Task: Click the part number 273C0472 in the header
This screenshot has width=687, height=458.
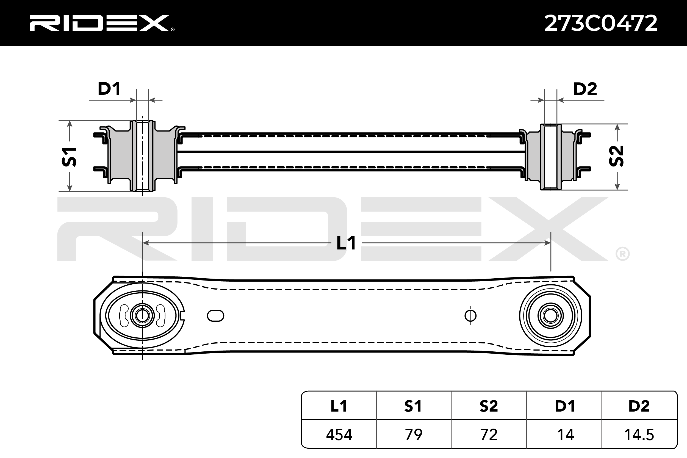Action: pyautogui.click(x=601, y=23)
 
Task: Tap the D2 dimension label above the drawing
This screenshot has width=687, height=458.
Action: pyautogui.click(x=585, y=89)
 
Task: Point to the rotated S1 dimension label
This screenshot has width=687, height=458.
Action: pyautogui.click(x=69, y=157)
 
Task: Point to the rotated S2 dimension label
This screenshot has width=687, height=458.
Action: pyautogui.click(x=616, y=156)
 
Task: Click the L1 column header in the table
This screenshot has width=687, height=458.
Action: pyautogui.click(x=339, y=406)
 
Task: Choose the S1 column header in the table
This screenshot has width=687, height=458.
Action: pyautogui.click(x=413, y=406)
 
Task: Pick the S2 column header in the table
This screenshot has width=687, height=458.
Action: pyautogui.click(x=488, y=406)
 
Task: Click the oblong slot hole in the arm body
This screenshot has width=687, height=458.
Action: pyautogui.click(x=215, y=316)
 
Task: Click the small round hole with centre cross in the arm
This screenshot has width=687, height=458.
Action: pyautogui.click(x=470, y=316)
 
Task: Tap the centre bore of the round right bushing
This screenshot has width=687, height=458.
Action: pyautogui.click(x=551, y=316)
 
